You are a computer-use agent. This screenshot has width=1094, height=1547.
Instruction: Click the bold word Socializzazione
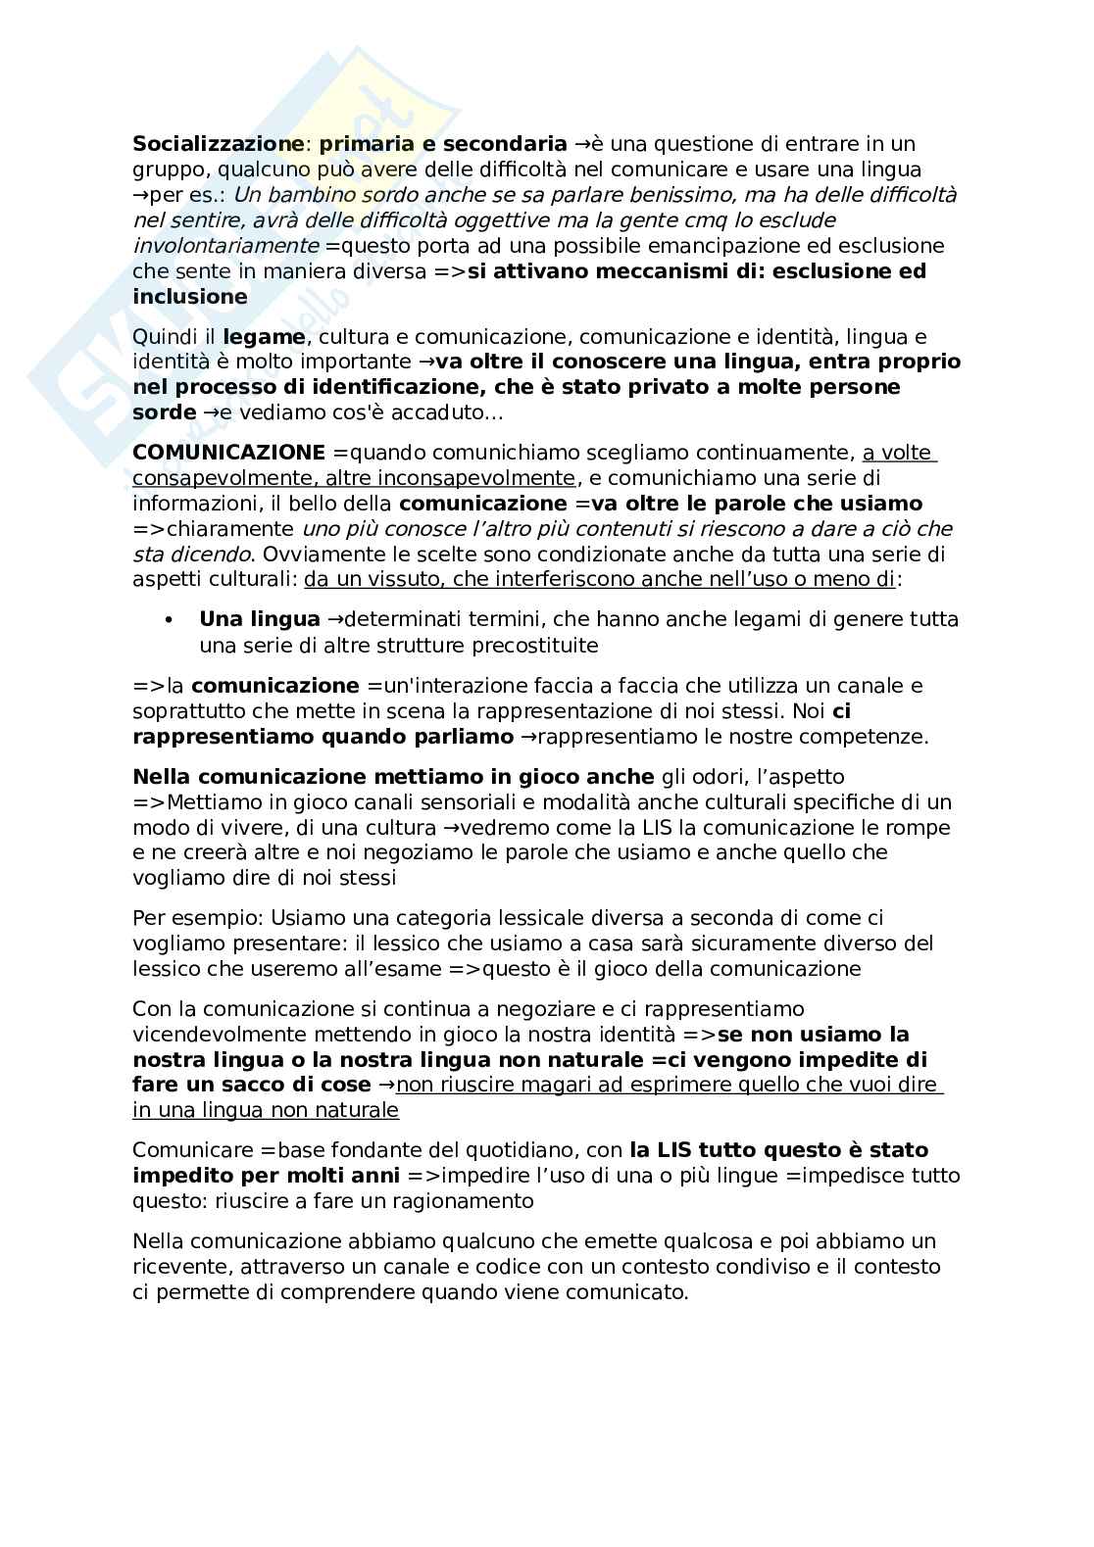pos(218,144)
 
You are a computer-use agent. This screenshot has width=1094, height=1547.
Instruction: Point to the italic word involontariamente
pos(225,245)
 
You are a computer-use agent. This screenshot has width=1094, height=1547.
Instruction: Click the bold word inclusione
pos(190,296)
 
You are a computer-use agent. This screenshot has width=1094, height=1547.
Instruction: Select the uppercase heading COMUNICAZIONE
pos(228,453)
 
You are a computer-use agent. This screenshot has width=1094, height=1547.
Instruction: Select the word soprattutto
pos(186,711)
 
